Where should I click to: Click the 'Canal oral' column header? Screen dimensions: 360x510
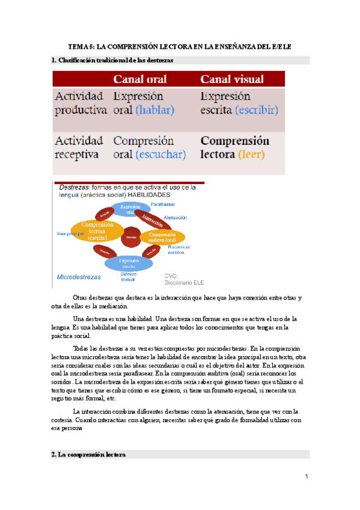click(x=141, y=79)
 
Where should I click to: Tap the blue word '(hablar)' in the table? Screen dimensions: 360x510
click(x=154, y=109)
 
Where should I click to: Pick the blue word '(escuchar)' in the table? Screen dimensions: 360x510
click(x=159, y=154)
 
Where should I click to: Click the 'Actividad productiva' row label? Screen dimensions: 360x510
click(x=81, y=103)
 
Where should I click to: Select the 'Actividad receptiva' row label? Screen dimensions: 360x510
click(x=79, y=147)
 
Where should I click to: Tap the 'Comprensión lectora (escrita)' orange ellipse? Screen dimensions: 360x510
click(x=97, y=230)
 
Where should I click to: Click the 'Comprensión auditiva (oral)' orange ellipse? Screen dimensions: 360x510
click(x=162, y=237)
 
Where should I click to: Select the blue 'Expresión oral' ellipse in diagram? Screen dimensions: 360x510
click(x=130, y=209)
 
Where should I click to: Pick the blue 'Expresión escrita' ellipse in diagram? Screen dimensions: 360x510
click(x=129, y=263)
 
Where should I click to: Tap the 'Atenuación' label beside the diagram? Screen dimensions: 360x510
click(x=175, y=217)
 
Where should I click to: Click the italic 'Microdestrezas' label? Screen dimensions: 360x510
click(x=78, y=277)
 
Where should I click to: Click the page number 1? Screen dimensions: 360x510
click(x=306, y=477)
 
